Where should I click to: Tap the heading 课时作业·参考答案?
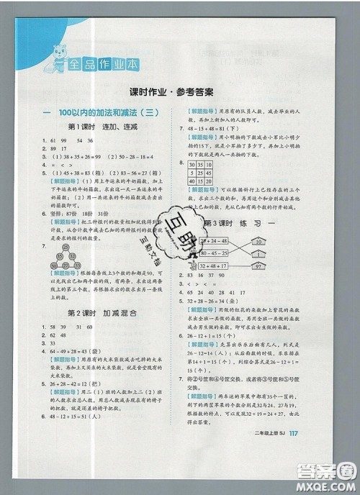pos(180,93)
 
